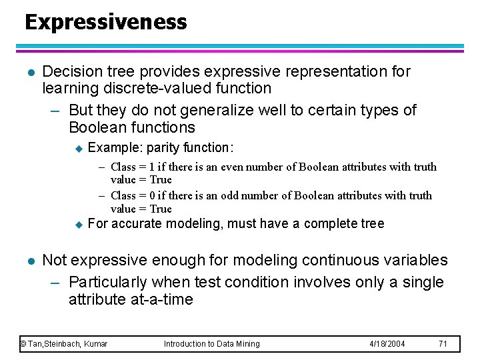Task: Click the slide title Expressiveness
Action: click(x=105, y=22)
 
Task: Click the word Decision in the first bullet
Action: click(x=69, y=71)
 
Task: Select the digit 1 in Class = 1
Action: click(x=151, y=167)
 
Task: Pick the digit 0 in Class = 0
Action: click(x=151, y=195)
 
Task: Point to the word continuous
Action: click(x=319, y=260)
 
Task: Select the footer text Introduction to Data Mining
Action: click(x=211, y=344)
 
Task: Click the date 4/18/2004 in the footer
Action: click(x=388, y=344)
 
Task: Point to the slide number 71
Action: click(x=443, y=344)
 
